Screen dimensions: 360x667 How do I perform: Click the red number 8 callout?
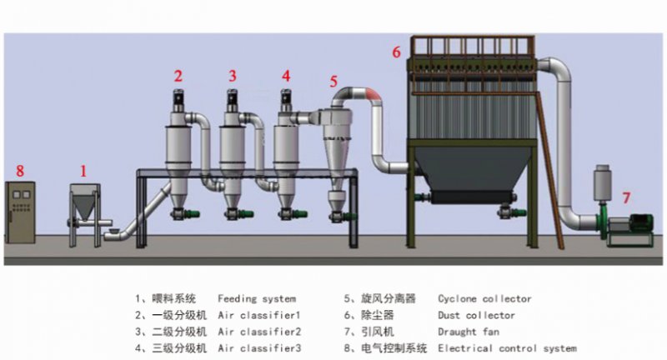[20, 170]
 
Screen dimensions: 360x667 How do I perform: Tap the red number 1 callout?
[83, 170]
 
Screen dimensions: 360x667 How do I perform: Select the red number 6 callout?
[397, 52]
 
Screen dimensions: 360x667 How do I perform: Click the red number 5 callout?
[333, 82]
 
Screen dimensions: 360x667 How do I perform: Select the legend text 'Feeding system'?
[256, 298]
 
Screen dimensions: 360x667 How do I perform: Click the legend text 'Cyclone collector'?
[484, 298]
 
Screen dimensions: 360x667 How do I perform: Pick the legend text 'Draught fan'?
[469, 332]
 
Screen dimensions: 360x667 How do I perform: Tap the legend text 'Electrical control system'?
[507, 348]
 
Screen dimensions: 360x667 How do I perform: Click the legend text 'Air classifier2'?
[258, 332]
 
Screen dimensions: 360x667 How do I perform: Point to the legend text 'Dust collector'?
[476, 315]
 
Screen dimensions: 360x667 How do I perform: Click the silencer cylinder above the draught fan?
[602, 185]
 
